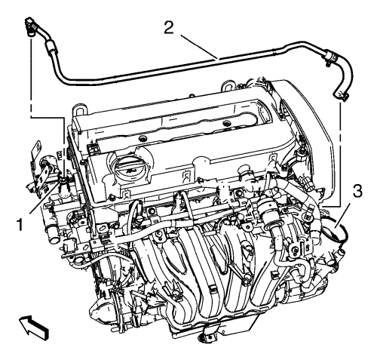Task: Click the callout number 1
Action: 20,224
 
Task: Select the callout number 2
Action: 169,27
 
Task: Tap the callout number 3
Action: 357,192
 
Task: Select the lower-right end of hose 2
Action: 341,96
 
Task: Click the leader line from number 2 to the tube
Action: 199,48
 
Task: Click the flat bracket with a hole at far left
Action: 36,150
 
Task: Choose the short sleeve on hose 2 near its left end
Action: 50,47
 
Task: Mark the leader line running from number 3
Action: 344,214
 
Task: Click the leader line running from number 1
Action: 44,198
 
